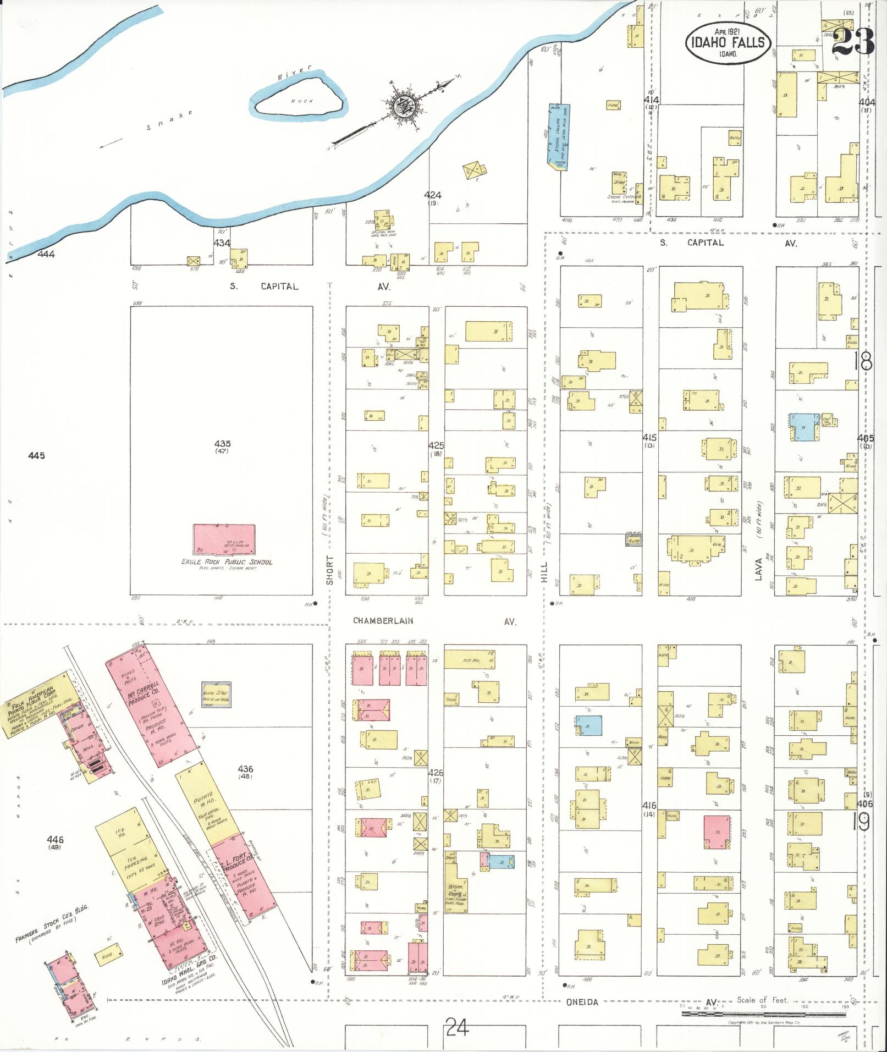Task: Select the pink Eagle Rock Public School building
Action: coord(224,539)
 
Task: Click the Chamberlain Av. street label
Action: coord(383,620)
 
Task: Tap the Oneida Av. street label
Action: coord(582,1002)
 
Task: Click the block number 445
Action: coord(36,455)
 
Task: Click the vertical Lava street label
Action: coord(761,572)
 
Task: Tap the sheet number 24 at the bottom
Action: coord(457,1026)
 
